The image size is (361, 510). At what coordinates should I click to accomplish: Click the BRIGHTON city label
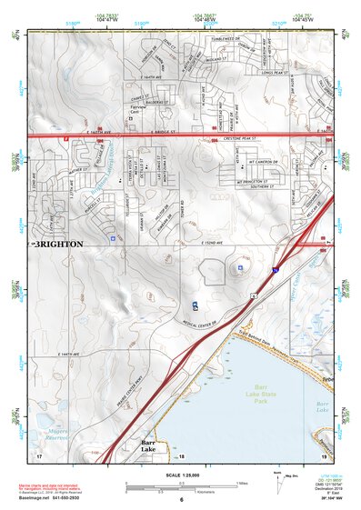point(59,245)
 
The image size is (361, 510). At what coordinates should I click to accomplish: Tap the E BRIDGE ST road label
point(163,133)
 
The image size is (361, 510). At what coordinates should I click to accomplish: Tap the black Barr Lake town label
point(150,445)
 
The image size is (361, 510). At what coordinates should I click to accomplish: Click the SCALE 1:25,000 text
point(179,475)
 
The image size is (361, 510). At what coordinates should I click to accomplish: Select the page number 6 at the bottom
point(181,500)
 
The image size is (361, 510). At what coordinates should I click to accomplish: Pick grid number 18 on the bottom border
point(181,455)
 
